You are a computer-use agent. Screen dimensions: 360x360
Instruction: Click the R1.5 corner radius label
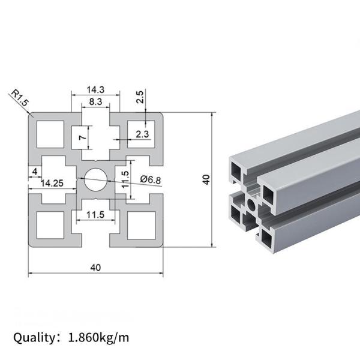click(19, 98)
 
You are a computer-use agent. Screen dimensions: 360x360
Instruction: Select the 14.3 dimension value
click(95, 89)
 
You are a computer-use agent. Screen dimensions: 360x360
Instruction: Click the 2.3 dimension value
click(142, 134)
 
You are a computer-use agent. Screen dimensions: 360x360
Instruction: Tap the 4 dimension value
click(36, 172)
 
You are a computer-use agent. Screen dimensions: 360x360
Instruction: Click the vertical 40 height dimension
click(206, 179)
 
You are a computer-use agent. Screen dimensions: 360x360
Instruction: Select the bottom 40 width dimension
click(95, 267)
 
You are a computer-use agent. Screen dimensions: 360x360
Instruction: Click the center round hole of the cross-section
click(95, 178)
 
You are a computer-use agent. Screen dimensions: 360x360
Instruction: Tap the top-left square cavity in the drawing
click(49, 133)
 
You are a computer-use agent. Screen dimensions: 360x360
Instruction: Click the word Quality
click(34, 337)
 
